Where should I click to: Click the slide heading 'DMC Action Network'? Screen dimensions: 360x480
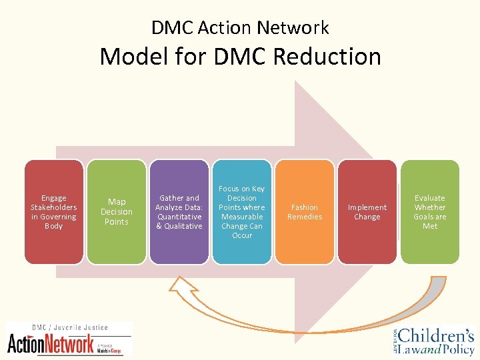point(240,28)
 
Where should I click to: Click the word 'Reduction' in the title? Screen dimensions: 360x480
point(331,56)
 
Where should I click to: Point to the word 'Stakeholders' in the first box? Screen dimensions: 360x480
point(54,207)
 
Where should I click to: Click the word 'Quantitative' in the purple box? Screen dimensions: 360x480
point(179,217)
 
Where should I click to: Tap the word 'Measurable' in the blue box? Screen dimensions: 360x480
point(242,217)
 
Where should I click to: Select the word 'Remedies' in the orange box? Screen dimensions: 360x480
point(305,217)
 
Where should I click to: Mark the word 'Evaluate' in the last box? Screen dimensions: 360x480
point(430,198)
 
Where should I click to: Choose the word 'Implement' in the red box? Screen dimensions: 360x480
point(367,207)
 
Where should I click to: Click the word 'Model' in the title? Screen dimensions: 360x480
point(130,56)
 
